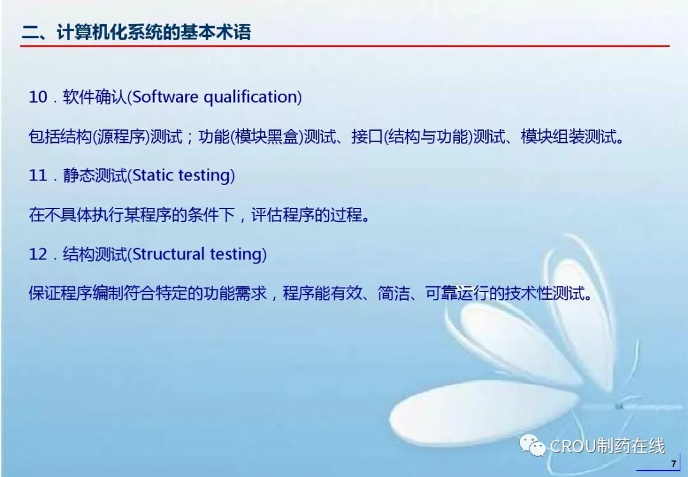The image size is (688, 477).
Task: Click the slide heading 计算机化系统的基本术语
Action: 154,32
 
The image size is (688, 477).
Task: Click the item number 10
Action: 38,97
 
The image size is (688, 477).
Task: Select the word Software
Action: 165,97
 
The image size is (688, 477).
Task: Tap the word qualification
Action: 250,98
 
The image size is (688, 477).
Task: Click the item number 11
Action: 38,176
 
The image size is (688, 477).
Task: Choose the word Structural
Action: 168,254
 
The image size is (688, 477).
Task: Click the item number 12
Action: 38,254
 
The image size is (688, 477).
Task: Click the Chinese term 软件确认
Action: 95,97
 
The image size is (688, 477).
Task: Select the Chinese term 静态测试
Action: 95,176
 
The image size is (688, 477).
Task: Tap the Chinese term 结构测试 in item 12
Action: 95,254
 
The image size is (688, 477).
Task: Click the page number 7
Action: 673,464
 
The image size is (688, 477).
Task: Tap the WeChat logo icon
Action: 532,445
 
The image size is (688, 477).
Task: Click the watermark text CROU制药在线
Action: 607,446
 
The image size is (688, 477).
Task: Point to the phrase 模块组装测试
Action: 569,136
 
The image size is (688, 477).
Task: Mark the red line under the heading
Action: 345,46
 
